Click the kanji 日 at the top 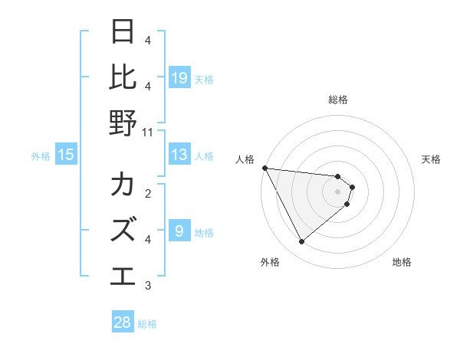click(123, 32)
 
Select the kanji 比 click(123, 77)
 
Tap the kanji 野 click(123, 123)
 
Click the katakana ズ click(123, 230)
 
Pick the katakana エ click(123, 274)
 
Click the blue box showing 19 click(179, 77)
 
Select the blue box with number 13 click(179, 155)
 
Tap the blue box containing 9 click(179, 231)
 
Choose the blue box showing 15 click(66, 155)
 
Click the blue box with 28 click(123, 322)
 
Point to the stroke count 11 click(148, 132)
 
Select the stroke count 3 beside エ click(148, 286)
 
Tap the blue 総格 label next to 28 click(147, 324)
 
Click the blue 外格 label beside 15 click(41, 155)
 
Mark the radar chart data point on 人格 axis click(264, 168)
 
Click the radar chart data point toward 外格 click(301, 242)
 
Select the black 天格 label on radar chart click(432, 159)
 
